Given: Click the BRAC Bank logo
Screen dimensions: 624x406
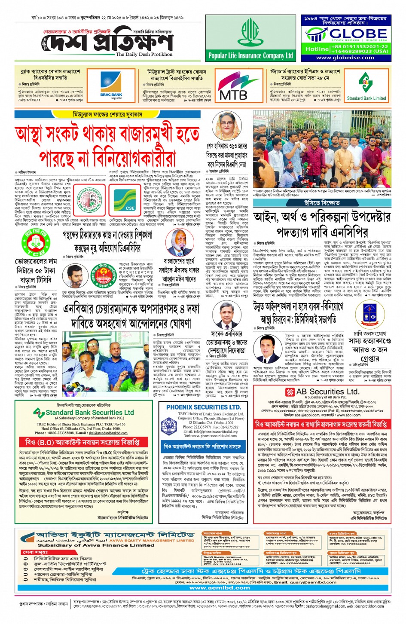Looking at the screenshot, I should [x=111, y=85].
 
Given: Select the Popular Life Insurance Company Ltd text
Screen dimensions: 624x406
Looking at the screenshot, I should [x=250, y=55].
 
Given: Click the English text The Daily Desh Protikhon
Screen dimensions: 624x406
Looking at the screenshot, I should [x=144, y=55].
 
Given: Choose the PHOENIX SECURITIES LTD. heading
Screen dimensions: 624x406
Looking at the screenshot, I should [x=203, y=407].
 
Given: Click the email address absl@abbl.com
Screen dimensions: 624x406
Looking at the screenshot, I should [x=308, y=415].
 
